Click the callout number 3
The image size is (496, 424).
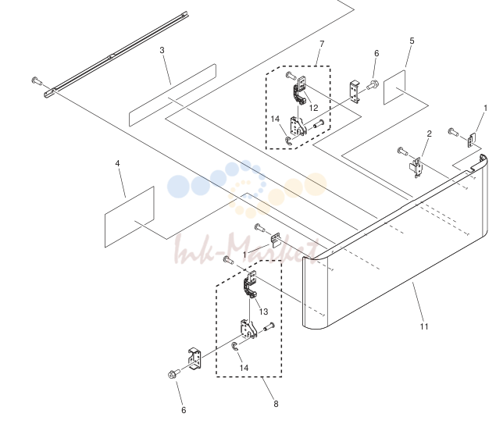[162, 50]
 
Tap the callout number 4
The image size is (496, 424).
[117, 163]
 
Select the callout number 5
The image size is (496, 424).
[412, 41]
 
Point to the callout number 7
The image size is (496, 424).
[322, 44]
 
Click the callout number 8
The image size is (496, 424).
[276, 404]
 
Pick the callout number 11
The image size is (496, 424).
[424, 326]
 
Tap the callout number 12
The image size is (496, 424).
[313, 108]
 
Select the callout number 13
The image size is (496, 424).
[263, 312]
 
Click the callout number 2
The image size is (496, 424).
[429, 134]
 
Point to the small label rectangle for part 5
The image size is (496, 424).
[394, 87]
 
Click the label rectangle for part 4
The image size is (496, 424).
[130, 216]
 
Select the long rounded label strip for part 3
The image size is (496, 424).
[173, 95]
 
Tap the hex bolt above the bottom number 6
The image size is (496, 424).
[173, 374]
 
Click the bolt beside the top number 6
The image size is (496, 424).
[373, 84]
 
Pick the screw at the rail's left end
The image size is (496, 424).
[37, 81]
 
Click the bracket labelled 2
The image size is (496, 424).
[416, 168]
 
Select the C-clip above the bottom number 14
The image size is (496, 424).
[234, 346]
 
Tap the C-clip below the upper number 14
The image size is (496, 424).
[288, 141]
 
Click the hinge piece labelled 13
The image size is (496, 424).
[250, 284]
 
